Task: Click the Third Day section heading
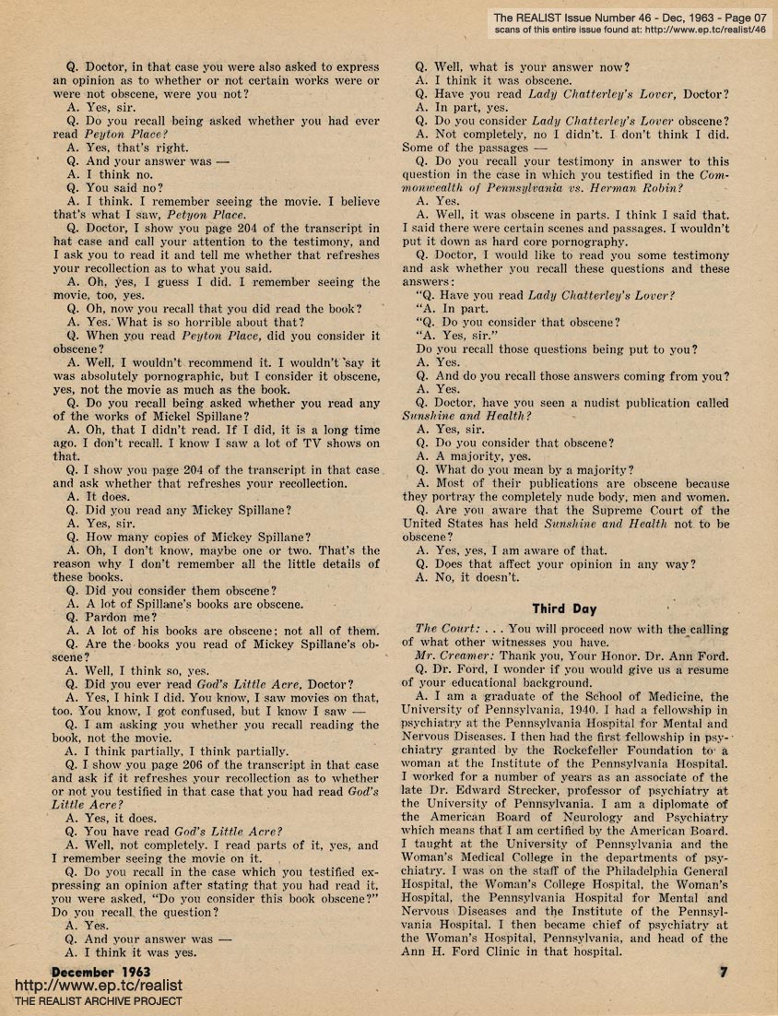[564, 608]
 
